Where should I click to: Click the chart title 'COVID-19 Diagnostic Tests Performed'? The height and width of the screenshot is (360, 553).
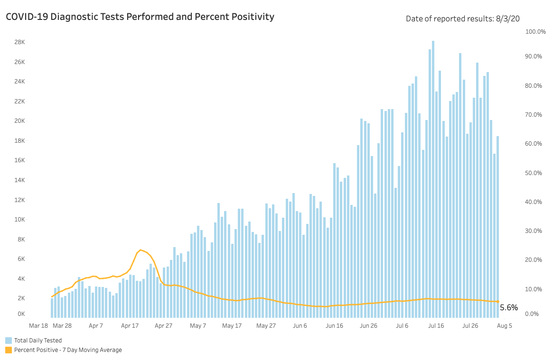(x=140, y=17)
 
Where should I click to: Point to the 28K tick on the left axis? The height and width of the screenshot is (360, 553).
(x=19, y=42)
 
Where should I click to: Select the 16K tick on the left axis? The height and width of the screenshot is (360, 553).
(x=19, y=160)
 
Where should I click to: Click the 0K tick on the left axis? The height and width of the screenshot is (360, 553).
(x=21, y=314)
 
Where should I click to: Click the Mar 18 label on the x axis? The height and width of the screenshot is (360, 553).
(x=38, y=326)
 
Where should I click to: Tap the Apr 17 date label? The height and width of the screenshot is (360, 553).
(x=130, y=326)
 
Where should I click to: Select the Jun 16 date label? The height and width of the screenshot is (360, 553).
(x=334, y=326)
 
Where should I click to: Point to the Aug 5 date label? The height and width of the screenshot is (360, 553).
(x=504, y=326)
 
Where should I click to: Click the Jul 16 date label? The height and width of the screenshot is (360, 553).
(x=436, y=326)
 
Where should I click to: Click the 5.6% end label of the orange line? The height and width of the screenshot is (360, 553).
(x=508, y=308)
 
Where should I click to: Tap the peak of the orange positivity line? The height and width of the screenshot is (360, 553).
(x=140, y=249)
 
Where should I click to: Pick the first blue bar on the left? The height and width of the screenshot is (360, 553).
(x=52, y=308)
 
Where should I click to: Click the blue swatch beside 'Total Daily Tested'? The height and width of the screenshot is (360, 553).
(x=9, y=341)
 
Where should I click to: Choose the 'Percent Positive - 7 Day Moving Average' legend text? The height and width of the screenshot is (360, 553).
(x=68, y=350)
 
